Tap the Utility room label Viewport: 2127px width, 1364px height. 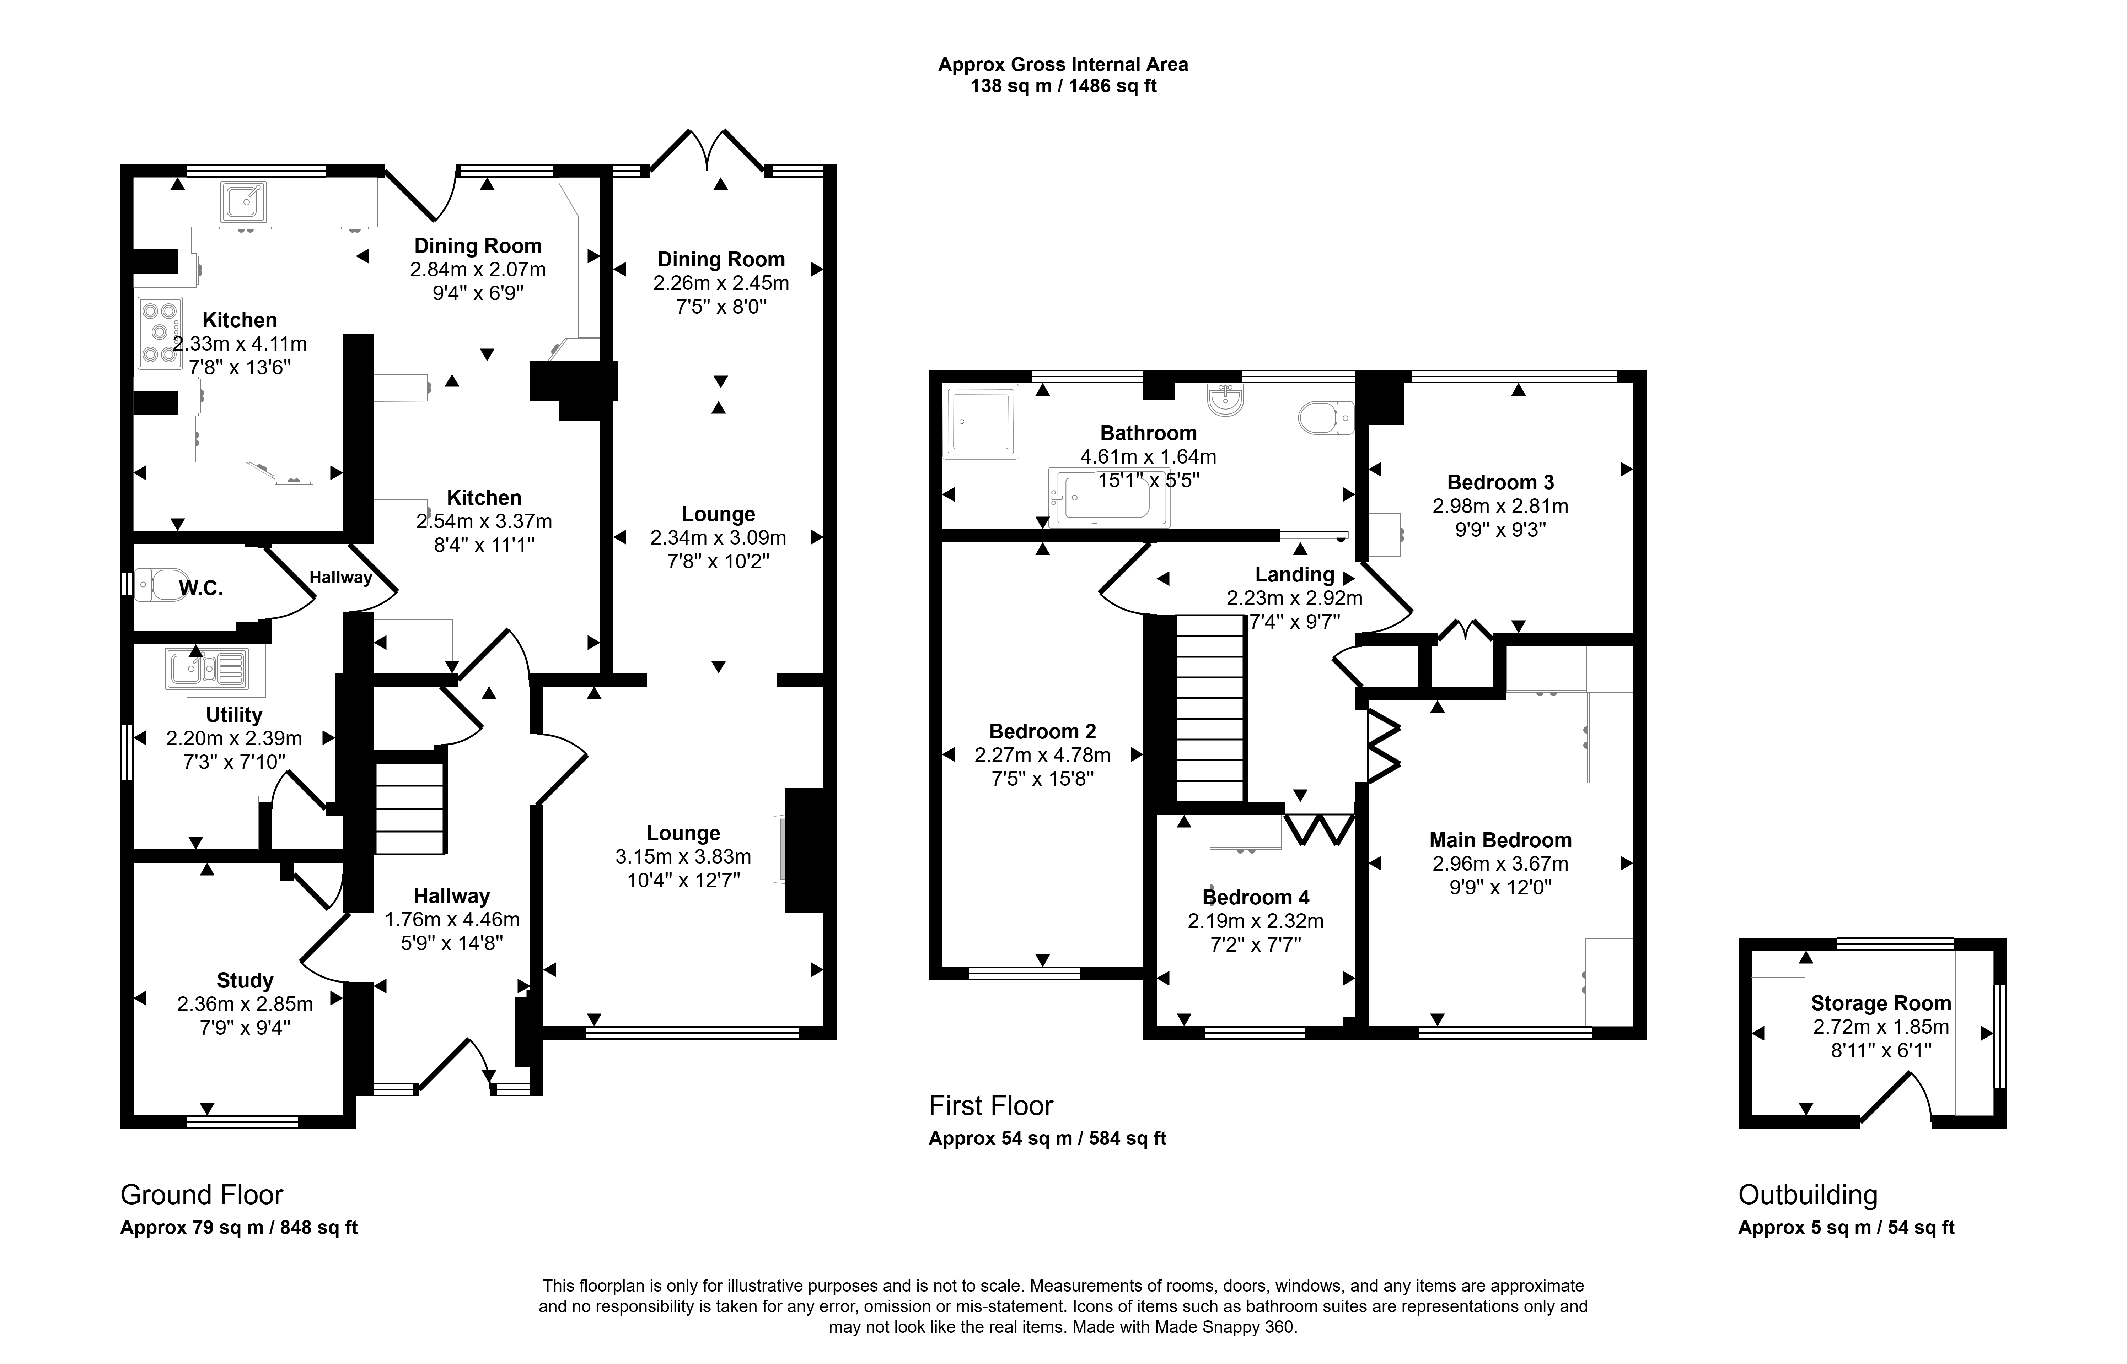[x=234, y=715]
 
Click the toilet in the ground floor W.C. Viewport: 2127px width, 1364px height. [x=158, y=585]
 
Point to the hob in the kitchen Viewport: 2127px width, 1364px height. [x=160, y=333]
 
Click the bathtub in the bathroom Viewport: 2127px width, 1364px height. [x=1108, y=497]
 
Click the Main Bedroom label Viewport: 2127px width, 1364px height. [x=1501, y=840]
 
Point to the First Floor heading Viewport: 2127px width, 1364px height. [x=990, y=1105]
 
